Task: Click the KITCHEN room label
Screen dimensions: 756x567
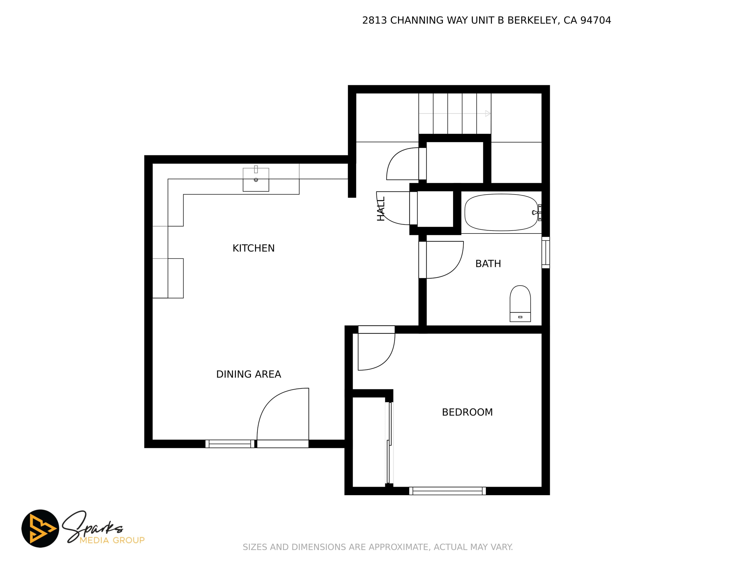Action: click(x=254, y=248)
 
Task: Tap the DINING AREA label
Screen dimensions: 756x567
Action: click(x=249, y=374)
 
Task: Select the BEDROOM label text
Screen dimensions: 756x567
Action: click(x=467, y=412)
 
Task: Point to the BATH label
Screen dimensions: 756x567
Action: click(x=488, y=263)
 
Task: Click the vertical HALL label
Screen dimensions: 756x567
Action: click(x=381, y=208)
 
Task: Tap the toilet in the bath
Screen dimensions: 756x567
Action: click(x=520, y=304)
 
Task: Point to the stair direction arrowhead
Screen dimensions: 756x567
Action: click(x=488, y=113)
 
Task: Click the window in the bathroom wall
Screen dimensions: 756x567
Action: click(x=545, y=253)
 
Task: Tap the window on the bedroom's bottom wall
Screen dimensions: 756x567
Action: click(x=447, y=491)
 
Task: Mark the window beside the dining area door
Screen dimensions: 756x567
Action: click(x=230, y=444)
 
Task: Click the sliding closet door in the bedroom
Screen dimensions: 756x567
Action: click(x=389, y=443)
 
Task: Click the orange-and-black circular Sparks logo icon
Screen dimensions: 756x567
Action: click(x=40, y=528)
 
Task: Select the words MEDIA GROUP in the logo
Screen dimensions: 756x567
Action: click(x=112, y=540)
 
